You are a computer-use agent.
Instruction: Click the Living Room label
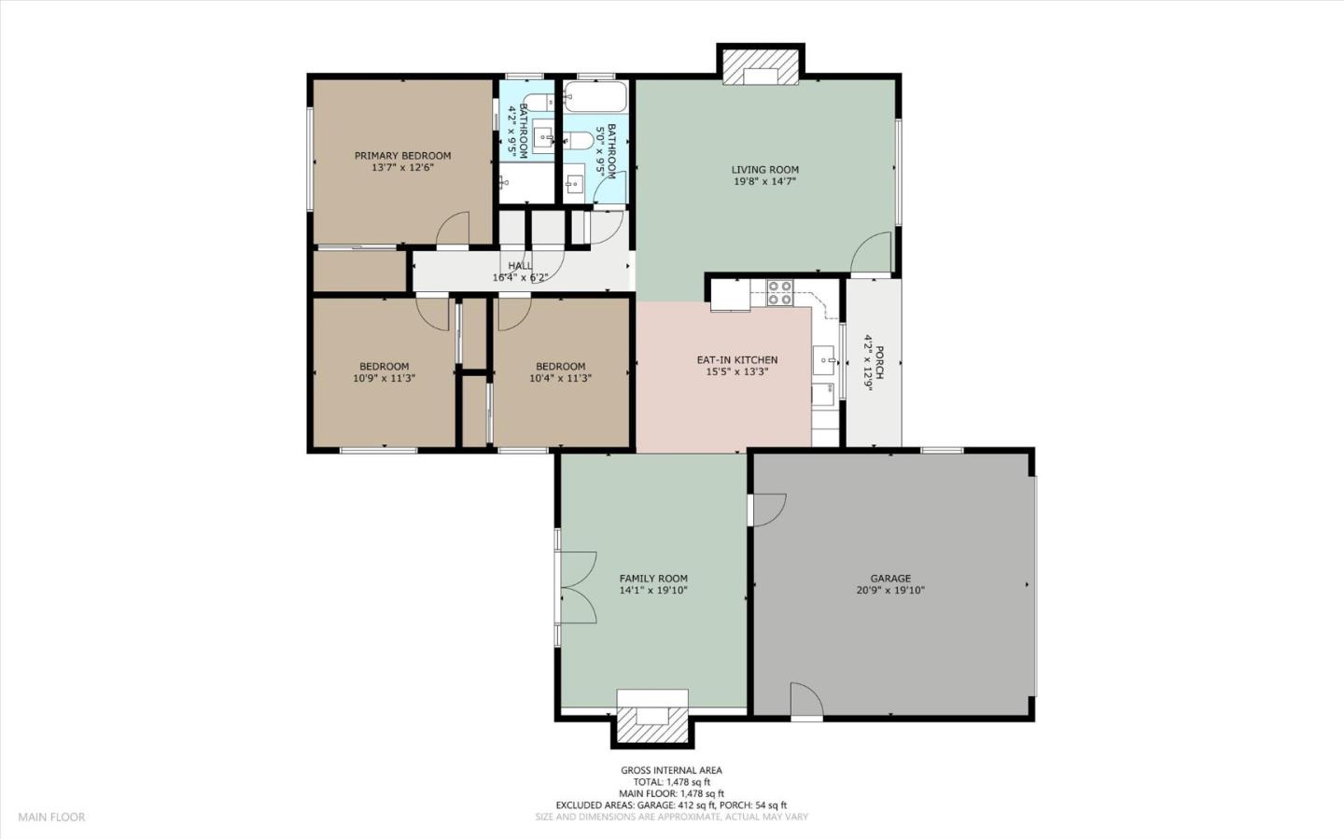pos(764,170)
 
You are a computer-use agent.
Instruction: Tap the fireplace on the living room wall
pos(761,68)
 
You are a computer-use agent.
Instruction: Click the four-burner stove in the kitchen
pos(779,293)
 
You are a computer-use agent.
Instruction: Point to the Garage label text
pos(890,579)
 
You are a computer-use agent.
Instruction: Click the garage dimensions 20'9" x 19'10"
pos(890,591)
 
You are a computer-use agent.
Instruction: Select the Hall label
pos(520,266)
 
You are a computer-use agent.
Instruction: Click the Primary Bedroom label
pos(402,156)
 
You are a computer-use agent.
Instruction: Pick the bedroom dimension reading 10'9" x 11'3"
pos(384,379)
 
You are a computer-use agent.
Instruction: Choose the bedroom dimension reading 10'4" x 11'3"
pos(560,379)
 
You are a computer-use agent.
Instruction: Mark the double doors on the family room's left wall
pos(578,587)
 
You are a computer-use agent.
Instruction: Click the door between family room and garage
pos(768,509)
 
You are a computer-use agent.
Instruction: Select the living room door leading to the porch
pos(874,253)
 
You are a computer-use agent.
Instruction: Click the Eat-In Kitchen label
pos(736,360)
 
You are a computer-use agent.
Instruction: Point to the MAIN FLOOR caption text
pos(51,818)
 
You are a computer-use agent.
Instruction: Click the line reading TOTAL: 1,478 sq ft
pos(671,782)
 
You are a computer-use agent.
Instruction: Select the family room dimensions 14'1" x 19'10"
pos(653,591)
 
